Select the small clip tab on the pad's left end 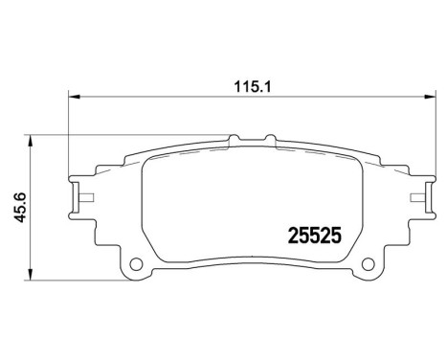click(82, 199)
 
